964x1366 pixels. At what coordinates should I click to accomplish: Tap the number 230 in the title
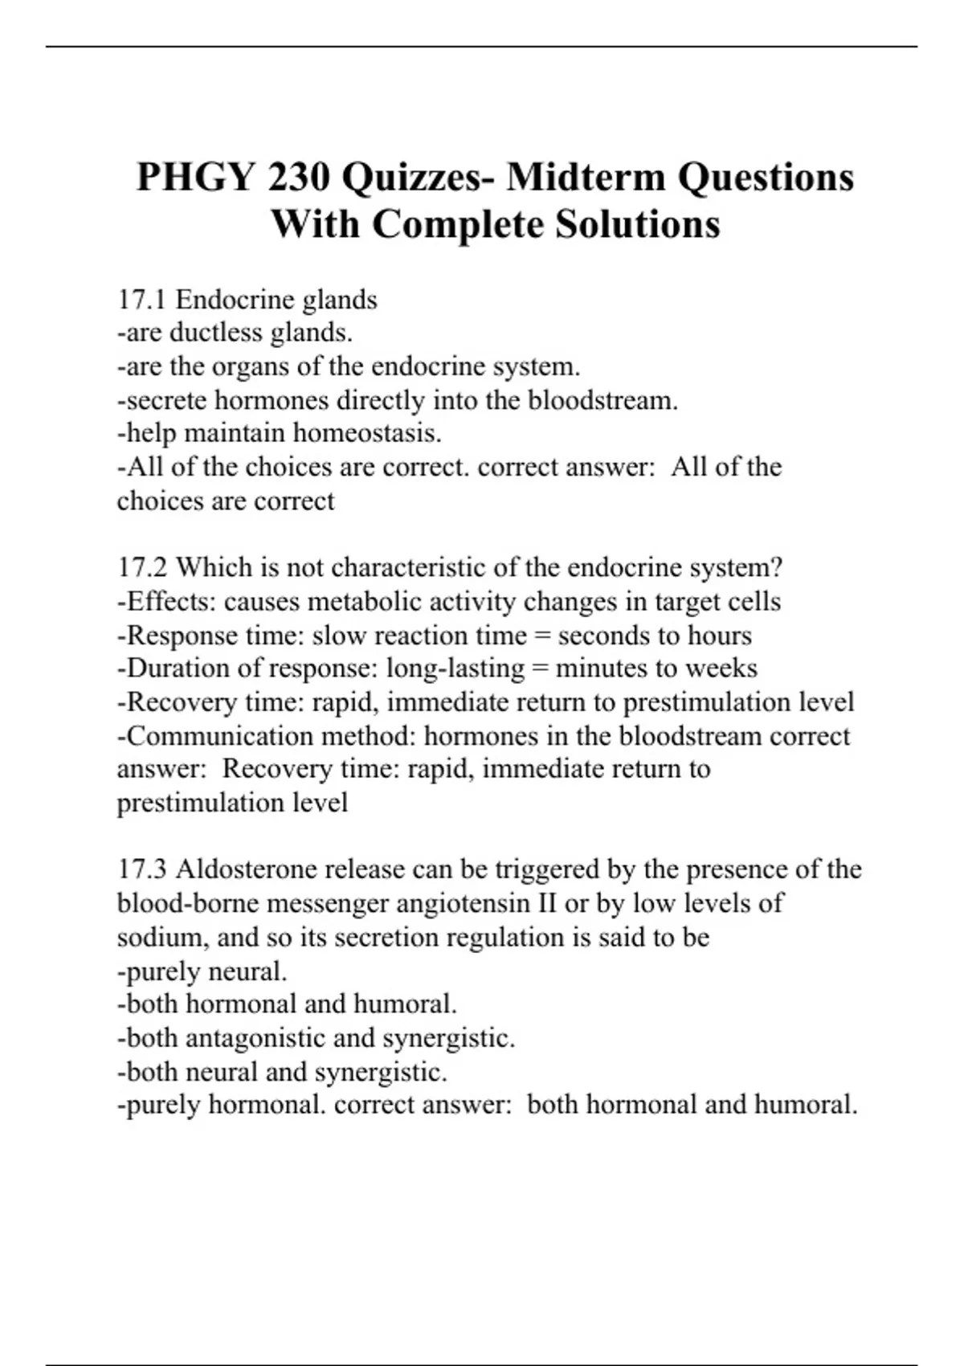299,177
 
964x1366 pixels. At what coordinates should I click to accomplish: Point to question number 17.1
141,300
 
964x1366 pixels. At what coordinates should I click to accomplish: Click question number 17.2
142,567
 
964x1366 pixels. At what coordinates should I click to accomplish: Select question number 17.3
142,869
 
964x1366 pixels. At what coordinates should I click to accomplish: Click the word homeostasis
367,433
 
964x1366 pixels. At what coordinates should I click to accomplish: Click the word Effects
170,602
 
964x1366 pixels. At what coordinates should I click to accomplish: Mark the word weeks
722,669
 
